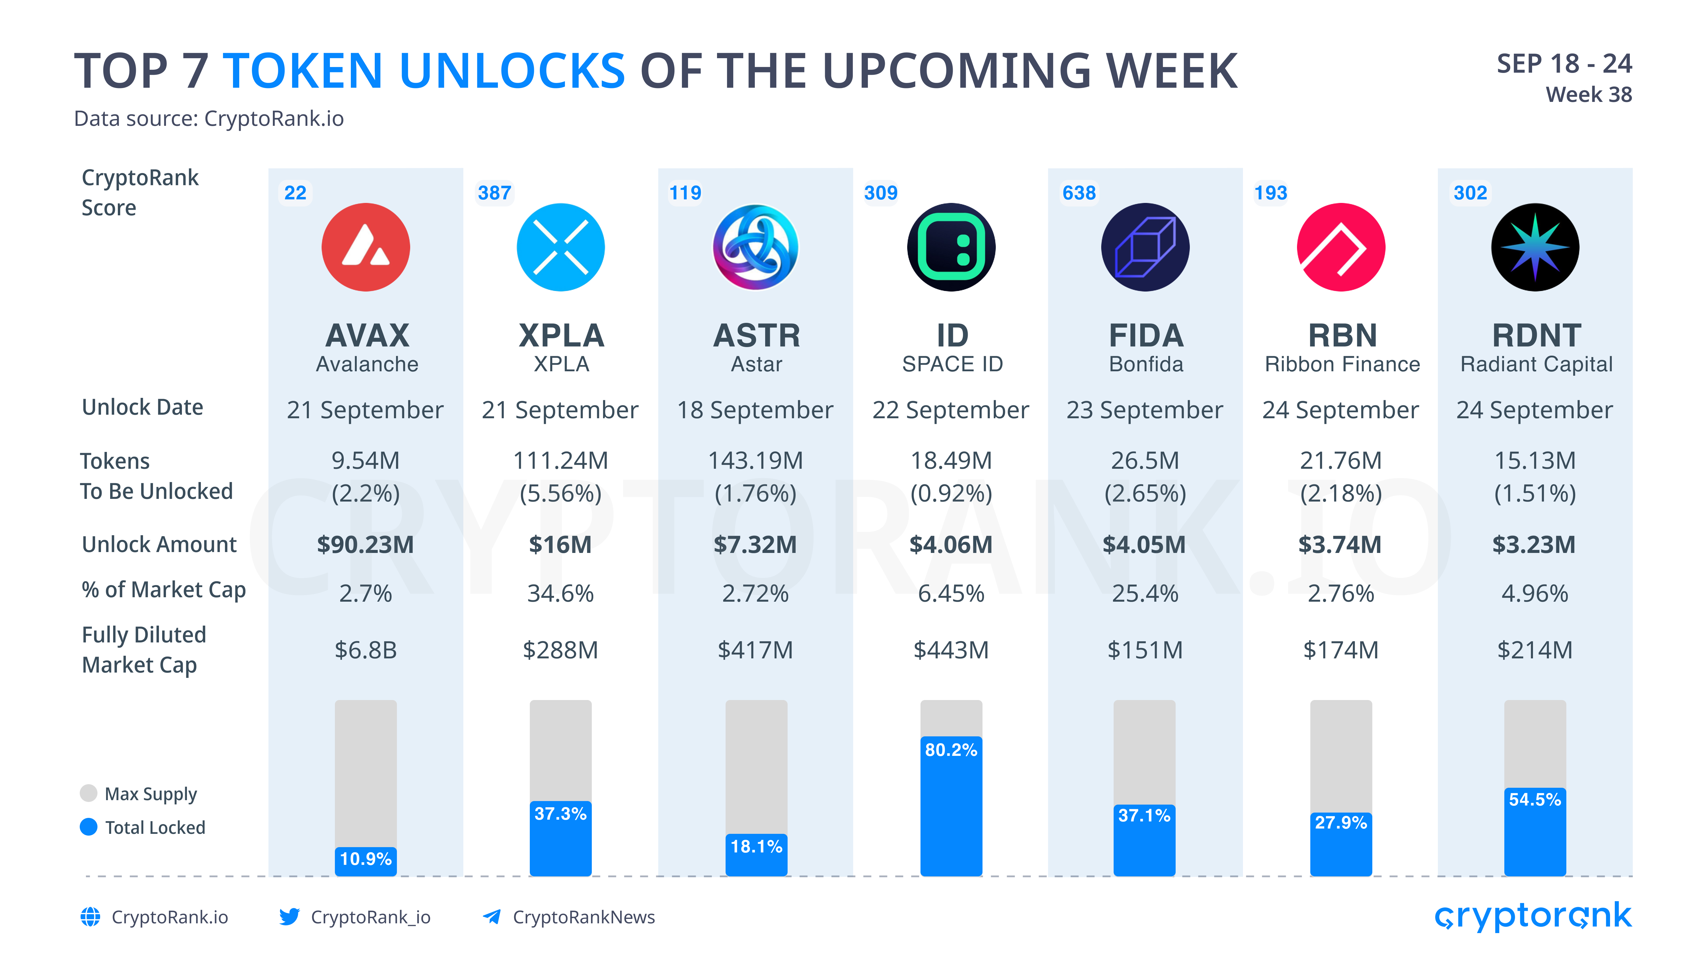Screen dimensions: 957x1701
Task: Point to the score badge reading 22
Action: tap(295, 193)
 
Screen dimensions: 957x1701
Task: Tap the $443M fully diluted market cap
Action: tap(951, 650)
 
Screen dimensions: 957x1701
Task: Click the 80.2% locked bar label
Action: tap(951, 750)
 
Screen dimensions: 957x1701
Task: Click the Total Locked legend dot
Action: tap(89, 827)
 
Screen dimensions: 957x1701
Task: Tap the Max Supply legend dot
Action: tap(89, 793)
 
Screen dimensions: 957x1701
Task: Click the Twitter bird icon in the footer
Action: tap(289, 917)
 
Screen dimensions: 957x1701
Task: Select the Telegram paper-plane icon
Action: tap(491, 917)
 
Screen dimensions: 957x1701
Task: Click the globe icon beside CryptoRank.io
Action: tap(90, 917)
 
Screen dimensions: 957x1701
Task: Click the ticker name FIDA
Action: tap(1146, 336)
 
